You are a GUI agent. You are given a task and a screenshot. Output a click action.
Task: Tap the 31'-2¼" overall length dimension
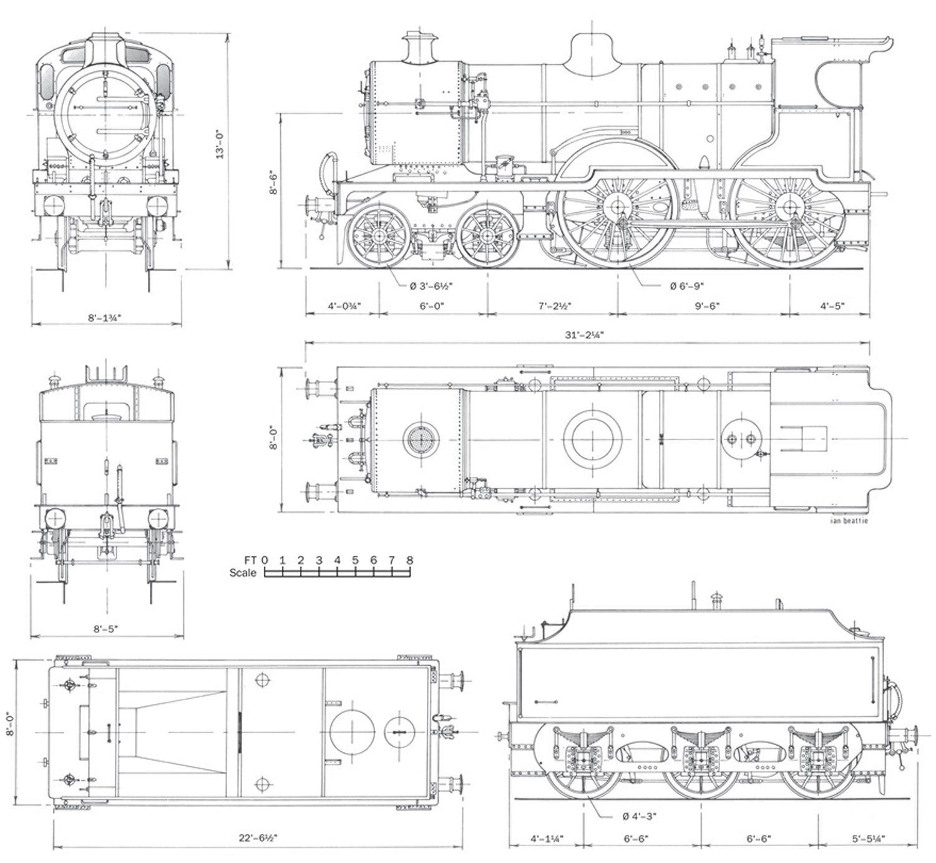point(584,335)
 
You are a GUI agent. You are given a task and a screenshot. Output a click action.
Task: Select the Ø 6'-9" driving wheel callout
point(686,286)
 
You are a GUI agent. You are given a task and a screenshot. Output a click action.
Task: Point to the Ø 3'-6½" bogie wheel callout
point(431,286)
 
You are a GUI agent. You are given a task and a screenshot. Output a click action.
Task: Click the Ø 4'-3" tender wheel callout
point(639,816)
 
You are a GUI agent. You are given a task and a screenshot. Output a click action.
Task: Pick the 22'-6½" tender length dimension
point(257,838)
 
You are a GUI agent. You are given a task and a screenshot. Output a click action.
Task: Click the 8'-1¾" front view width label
point(104,317)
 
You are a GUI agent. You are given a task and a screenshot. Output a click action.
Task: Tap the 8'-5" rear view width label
point(106,629)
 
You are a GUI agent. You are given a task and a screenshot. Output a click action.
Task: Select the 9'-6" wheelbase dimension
point(707,306)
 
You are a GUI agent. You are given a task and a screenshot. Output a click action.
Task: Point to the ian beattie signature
point(849,521)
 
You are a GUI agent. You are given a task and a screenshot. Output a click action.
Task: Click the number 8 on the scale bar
point(409,560)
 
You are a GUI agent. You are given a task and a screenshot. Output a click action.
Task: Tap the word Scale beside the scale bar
point(242,573)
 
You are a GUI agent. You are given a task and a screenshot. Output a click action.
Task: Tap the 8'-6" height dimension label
point(273,182)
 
